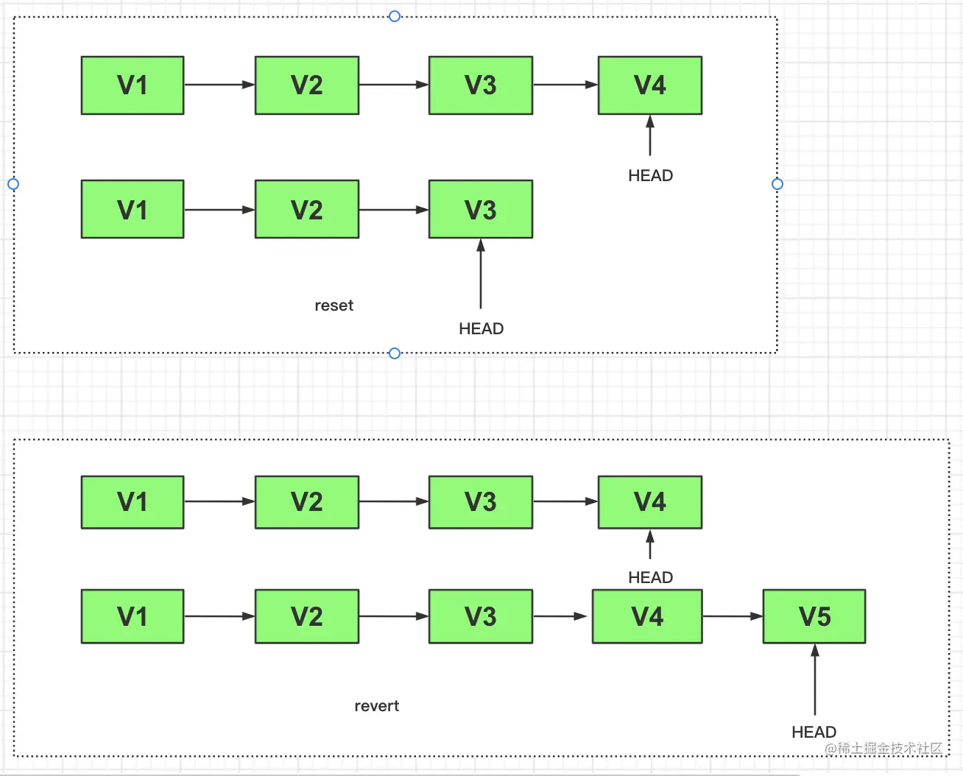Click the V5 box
tap(814, 616)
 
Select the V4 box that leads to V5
tap(647, 616)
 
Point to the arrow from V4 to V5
tap(733, 616)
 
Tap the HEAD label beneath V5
tap(814, 732)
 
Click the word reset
tap(334, 306)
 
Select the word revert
tap(376, 706)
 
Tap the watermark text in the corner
tap(883, 748)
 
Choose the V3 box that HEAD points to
tap(481, 210)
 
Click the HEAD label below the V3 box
tap(481, 328)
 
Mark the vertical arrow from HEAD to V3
tap(481, 274)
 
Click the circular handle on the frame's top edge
tap(395, 16)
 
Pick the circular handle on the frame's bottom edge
tap(395, 353)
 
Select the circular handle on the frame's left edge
tap(13, 184)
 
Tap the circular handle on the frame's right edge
tap(777, 184)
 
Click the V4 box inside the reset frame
tap(650, 85)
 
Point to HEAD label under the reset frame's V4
tap(650, 175)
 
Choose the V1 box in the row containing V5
tap(133, 616)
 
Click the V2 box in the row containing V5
tap(307, 616)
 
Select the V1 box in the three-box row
tap(133, 210)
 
